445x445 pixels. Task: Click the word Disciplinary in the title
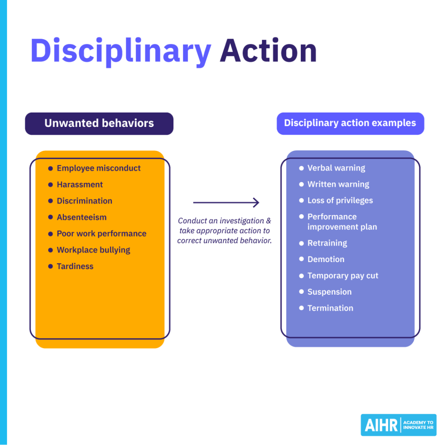[x=120, y=51]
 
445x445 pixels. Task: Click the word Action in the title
[x=268, y=51]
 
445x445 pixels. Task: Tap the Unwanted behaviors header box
[x=99, y=123]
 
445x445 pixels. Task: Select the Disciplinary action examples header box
[x=350, y=123]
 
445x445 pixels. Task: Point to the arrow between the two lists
[x=226, y=203]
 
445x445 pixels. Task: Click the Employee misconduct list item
[x=99, y=168]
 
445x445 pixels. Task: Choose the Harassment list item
[x=80, y=185]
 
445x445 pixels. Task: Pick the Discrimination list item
[x=84, y=201]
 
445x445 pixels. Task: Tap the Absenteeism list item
[x=81, y=217]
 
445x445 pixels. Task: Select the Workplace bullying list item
[x=93, y=250]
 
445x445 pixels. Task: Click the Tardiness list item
[x=75, y=266]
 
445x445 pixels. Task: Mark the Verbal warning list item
[x=336, y=168]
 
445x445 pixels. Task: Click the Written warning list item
[x=338, y=184]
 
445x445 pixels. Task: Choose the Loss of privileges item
[x=340, y=200]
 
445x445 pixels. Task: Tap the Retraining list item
[x=327, y=243]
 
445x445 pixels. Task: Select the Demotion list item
[x=325, y=259]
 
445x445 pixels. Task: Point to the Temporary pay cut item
[x=343, y=276]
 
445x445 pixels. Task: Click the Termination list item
[x=330, y=308]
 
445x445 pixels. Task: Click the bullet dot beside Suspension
[x=302, y=292]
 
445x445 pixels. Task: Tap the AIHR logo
[x=398, y=425]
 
